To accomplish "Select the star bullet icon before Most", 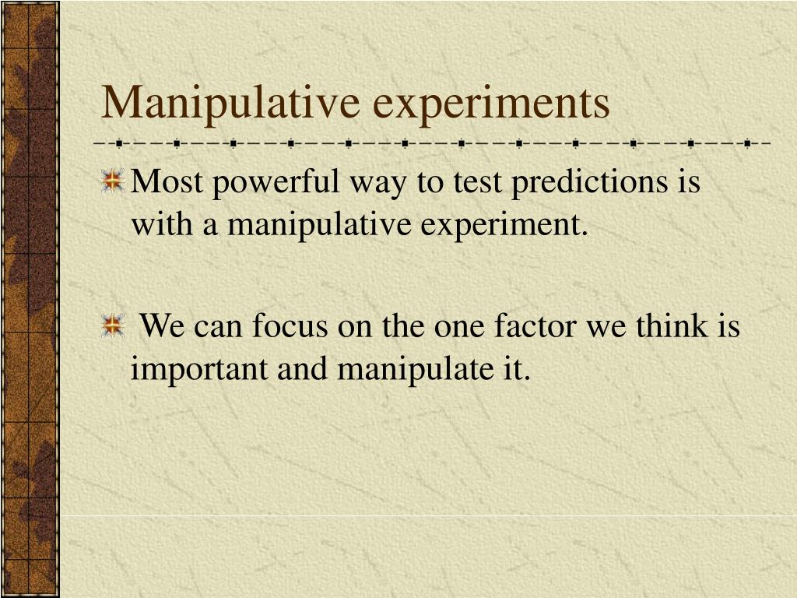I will (x=114, y=181).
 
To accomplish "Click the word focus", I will (x=291, y=325).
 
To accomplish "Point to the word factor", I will (x=537, y=325).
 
